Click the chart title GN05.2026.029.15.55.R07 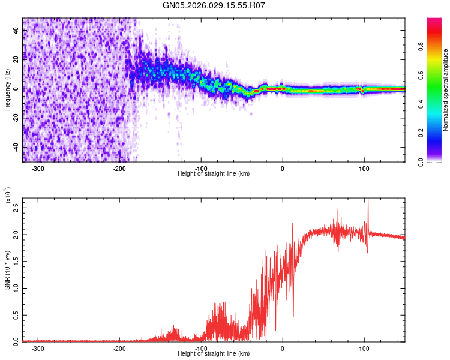[x=214, y=5]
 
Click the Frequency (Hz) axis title [x=7, y=90]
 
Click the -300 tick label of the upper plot [x=38, y=167]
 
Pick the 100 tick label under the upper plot [x=364, y=167]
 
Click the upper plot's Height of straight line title [x=214, y=173]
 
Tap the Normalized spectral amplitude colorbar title [x=445, y=90]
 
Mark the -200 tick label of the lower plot [x=119, y=347]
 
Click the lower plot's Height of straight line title [x=214, y=354]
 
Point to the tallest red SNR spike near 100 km [x=368, y=203]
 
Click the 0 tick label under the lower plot [x=283, y=347]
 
